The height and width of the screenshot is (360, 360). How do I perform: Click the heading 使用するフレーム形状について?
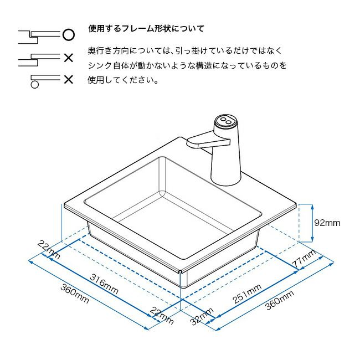[146, 28]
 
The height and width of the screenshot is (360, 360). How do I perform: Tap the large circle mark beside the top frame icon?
[68, 34]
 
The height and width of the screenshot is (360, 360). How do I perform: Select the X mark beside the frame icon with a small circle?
[68, 80]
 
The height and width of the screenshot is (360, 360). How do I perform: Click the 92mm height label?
[327, 223]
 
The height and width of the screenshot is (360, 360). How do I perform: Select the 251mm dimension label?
[247, 293]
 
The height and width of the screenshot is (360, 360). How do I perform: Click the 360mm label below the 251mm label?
[280, 302]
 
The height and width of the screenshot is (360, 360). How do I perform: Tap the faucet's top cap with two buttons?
[225, 120]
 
